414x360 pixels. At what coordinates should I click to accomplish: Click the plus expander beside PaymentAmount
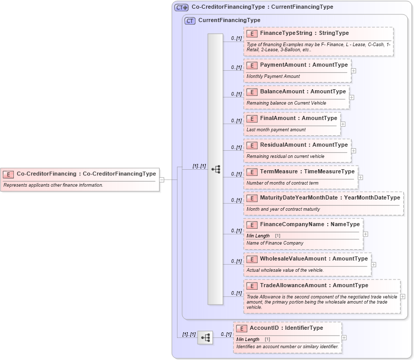[354, 71]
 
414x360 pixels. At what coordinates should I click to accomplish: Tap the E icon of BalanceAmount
[252, 92]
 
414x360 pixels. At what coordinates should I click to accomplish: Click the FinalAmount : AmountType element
[298, 118]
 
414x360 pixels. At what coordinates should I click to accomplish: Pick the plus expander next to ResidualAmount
[354, 151]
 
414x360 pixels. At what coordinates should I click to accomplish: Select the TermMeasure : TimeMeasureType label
[307, 172]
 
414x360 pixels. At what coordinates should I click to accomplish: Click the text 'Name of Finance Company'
[275, 243]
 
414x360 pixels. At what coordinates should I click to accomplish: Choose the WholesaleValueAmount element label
[313, 259]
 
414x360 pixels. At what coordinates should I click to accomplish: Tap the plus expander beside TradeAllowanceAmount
[403, 296]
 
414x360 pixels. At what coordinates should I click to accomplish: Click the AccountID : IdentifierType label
[286, 328]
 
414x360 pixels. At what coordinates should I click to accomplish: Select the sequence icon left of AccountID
[205, 337]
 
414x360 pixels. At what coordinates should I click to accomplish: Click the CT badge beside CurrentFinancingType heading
[190, 21]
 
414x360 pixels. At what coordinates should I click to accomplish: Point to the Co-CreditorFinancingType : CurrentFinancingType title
[262, 7]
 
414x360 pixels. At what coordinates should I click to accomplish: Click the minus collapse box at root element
[162, 179]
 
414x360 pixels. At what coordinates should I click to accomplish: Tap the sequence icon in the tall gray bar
[215, 169]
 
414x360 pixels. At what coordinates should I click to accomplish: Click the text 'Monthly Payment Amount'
[273, 76]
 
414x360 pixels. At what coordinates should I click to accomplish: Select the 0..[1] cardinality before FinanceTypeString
[236, 38]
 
